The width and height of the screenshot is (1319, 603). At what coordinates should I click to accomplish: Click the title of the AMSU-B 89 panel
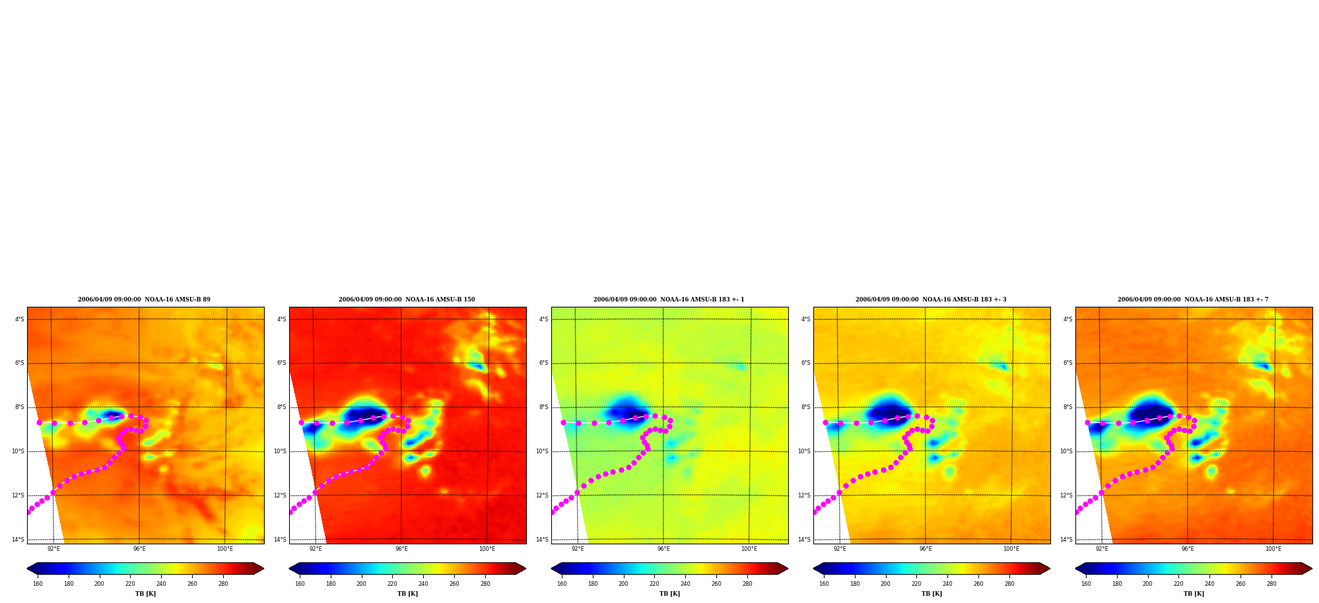[144, 300]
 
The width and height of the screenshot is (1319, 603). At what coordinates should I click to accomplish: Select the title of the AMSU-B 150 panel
[407, 300]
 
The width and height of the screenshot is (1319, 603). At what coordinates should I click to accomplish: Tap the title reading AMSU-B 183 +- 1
[669, 300]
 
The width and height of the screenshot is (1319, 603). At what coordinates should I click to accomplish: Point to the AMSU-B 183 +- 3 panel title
[931, 300]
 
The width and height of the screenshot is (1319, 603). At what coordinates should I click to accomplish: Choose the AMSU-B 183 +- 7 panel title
[1193, 300]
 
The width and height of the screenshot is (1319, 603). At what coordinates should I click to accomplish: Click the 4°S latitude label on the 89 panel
[19, 319]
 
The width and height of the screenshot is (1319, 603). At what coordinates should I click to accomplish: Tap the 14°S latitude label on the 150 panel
[280, 540]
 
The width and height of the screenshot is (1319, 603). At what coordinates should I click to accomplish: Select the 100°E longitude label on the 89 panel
[225, 549]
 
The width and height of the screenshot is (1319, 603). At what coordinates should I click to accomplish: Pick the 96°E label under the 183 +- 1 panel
[663, 549]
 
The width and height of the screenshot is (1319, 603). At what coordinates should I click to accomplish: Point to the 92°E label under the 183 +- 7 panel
[1102, 549]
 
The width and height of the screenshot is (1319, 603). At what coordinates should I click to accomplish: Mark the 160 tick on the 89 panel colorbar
[38, 584]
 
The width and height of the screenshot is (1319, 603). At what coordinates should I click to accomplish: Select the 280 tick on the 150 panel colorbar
[485, 584]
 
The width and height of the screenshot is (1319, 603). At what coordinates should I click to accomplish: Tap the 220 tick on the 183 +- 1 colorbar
[654, 584]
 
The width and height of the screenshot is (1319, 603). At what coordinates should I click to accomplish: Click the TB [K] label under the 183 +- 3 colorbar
[931, 594]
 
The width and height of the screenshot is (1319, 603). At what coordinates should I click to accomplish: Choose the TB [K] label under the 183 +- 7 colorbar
[1194, 594]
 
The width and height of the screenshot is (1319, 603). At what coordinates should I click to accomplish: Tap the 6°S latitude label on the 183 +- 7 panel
[1067, 363]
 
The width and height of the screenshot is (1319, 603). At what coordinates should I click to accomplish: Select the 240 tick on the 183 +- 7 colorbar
[1209, 584]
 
